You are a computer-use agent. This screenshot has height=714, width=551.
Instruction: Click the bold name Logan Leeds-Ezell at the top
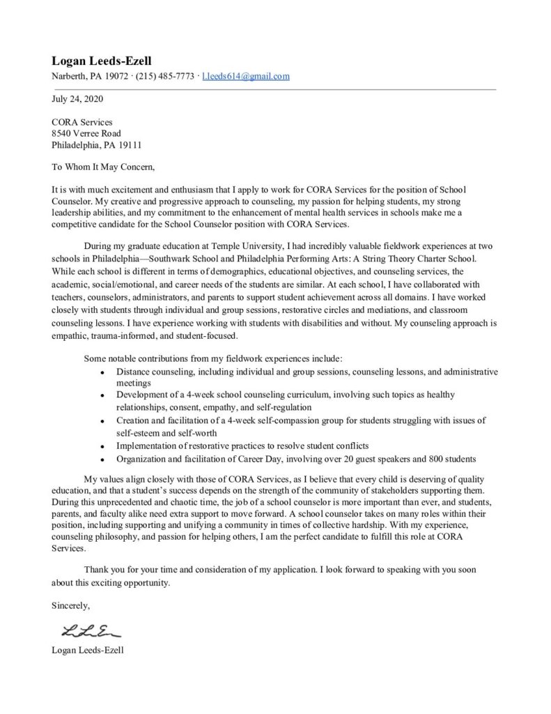(102, 61)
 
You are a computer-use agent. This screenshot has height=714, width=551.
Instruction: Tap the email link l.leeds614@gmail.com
(246, 77)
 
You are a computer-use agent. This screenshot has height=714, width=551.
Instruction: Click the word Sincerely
(70, 606)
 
